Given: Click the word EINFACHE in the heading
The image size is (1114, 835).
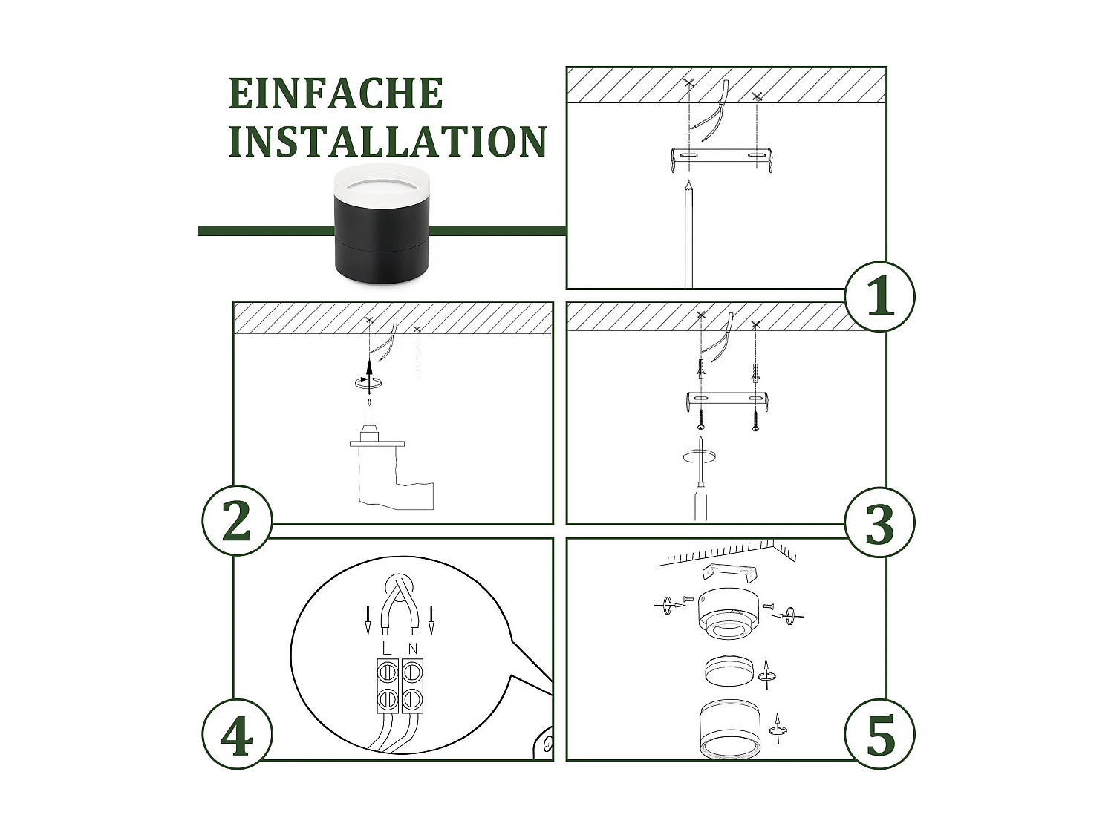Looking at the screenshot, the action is [336, 94].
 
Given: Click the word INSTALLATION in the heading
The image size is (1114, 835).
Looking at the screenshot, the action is [388, 141].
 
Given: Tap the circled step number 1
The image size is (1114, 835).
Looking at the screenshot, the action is [879, 296].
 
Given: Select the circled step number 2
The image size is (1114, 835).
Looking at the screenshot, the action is [237, 521].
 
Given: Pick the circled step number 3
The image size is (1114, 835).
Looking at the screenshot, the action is [879, 523].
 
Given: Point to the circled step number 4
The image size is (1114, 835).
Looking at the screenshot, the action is [237, 734].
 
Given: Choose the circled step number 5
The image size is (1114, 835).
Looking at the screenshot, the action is [879, 734].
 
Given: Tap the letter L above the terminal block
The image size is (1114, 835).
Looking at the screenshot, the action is [387, 649].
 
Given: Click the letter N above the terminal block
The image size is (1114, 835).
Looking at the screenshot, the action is [413, 649].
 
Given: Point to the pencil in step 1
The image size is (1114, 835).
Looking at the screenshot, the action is [688, 234].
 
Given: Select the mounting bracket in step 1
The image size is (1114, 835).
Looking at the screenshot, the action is [721, 159].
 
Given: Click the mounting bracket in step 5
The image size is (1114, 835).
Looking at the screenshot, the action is [730, 573].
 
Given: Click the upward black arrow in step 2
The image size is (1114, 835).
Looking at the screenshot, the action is [369, 374].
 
